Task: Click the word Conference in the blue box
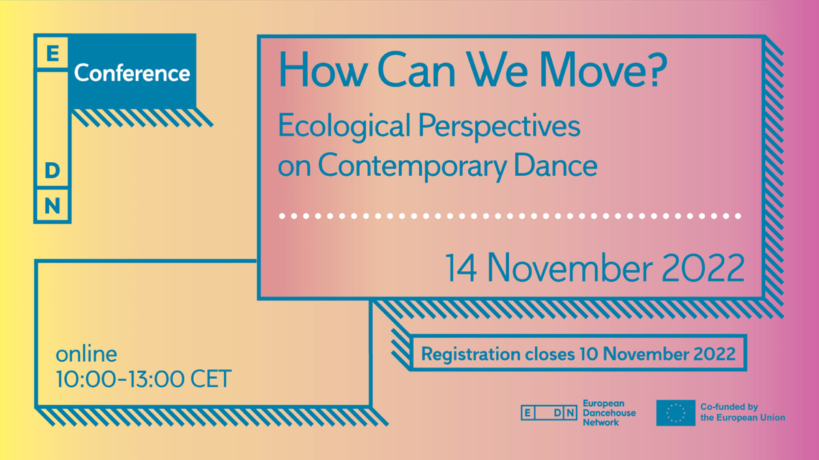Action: click(x=132, y=73)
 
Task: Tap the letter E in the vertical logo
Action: click(x=53, y=53)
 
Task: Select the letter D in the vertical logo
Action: click(x=53, y=170)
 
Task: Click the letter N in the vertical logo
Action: click(x=53, y=206)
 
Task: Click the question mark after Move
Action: click(x=657, y=70)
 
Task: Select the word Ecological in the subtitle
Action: click(x=344, y=126)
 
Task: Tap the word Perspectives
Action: click(x=499, y=126)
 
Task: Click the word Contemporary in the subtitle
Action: click(x=412, y=166)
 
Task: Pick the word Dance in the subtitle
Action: click(x=556, y=165)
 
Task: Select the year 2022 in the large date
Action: click(x=703, y=268)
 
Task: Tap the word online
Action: click(x=86, y=354)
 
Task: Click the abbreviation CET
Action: click(x=211, y=379)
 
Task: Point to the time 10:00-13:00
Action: click(x=120, y=379)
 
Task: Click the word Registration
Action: click(x=470, y=354)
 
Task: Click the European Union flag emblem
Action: click(x=676, y=413)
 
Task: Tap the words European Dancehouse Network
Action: click(x=609, y=413)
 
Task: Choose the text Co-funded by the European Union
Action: click(x=743, y=412)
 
